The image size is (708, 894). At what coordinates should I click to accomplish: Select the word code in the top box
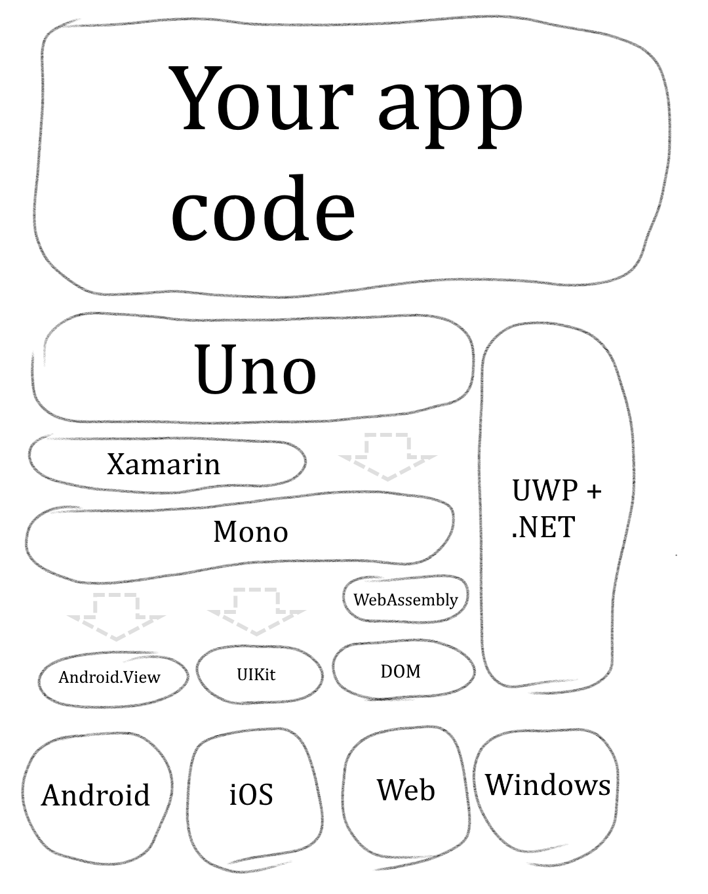(263, 208)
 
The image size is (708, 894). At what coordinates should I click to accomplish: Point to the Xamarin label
(163, 464)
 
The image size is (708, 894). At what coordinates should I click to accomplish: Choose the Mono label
(250, 531)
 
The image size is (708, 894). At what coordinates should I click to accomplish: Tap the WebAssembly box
(405, 599)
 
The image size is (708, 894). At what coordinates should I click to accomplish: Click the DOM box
(401, 671)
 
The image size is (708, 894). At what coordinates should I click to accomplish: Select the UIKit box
(256, 674)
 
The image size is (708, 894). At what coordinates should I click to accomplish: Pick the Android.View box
(109, 677)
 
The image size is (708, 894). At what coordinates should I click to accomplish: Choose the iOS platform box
(251, 794)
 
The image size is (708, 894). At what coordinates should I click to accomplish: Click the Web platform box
(406, 790)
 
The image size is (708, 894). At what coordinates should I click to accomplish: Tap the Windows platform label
(547, 784)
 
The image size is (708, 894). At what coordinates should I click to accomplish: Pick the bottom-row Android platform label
(96, 795)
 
